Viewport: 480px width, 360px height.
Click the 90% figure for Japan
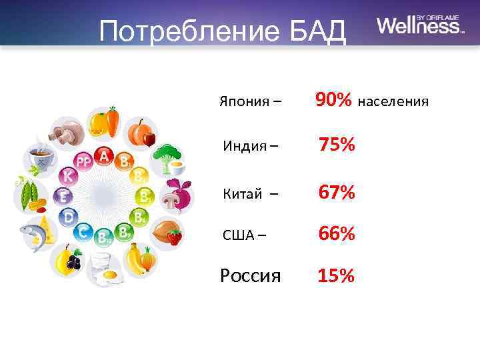pos(334,101)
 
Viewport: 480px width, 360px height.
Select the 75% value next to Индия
pos(337,145)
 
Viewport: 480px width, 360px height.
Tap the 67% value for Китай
pos(337,193)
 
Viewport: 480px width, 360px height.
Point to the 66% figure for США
pos(337,233)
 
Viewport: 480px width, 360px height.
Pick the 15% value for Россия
pos(337,275)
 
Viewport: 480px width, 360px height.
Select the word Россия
pos(251,275)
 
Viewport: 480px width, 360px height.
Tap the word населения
pos(393,102)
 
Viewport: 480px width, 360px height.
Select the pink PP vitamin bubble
pos(83,162)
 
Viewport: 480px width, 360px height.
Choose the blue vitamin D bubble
pos(68,217)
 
